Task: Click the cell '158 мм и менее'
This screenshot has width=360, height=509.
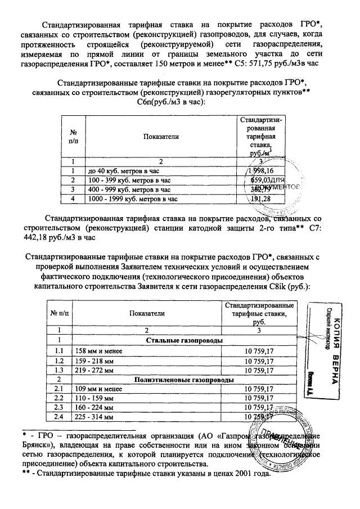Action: pyautogui.click(x=98, y=351)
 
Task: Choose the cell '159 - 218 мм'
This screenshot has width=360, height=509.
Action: pyautogui.click(x=95, y=361)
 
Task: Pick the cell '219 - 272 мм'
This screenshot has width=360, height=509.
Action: pyautogui.click(x=95, y=370)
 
